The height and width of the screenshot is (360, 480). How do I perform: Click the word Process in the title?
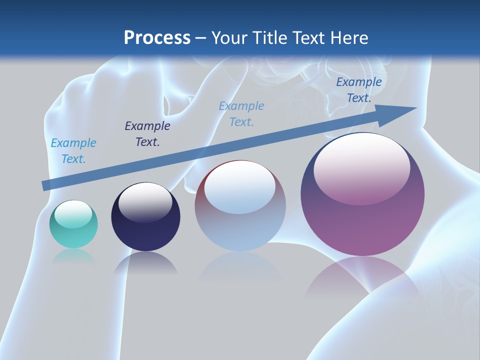157,37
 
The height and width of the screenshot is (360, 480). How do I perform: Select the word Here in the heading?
348,37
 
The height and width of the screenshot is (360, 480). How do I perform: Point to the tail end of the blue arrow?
44,185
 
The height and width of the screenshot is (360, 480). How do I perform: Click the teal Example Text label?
73,151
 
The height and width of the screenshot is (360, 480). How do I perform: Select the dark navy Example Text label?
147,134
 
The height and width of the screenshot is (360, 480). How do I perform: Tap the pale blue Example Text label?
241,114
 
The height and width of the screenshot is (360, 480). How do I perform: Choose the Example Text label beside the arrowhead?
359,90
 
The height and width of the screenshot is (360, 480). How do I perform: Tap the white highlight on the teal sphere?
73,212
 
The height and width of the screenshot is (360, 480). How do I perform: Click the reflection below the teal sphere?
73,256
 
